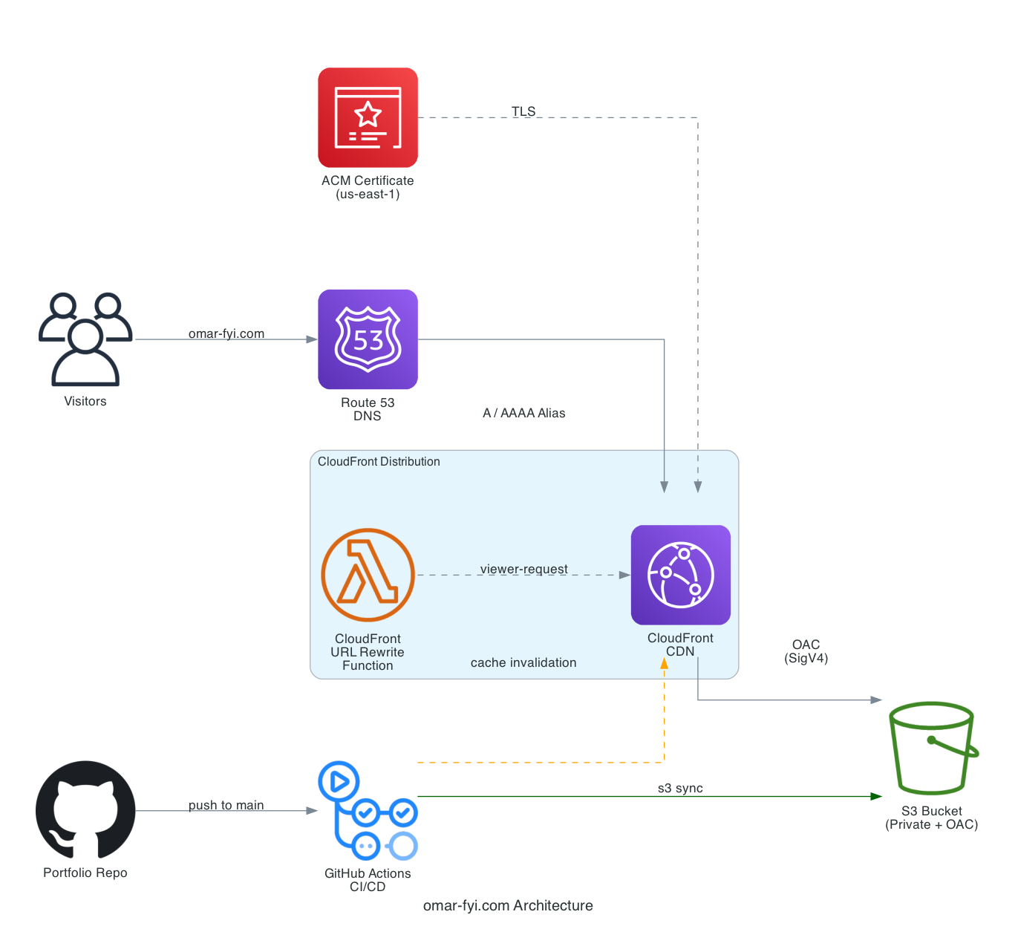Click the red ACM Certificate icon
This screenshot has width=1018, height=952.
pyautogui.click(x=368, y=117)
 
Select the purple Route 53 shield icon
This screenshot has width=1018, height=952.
pyautogui.click(x=368, y=339)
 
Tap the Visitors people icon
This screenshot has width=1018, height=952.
pyautogui.click(x=85, y=339)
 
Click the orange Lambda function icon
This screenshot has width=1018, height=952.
pyautogui.click(x=368, y=575)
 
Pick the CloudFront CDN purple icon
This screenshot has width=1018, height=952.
pyautogui.click(x=680, y=575)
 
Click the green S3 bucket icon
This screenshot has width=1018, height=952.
pyautogui.click(x=933, y=748)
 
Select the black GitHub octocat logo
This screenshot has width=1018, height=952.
pyautogui.click(x=85, y=810)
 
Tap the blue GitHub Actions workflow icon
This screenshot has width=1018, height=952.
pyautogui.click(x=368, y=810)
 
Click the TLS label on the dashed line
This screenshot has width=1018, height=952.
pyautogui.click(x=523, y=111)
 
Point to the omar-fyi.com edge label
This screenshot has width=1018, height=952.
pyautogui.click(x=226, y=333)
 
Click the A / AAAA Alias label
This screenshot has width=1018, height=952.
pyautogui.click(x=523, y=413)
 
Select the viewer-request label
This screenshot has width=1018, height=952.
pyautogui.click(x=523, y=569)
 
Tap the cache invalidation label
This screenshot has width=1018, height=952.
pyautogui.click(x=523, y=662)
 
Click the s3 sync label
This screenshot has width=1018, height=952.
pyautogui.click(x=680, y=788)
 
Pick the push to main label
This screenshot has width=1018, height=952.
pyautogui.click(x=226, y=805)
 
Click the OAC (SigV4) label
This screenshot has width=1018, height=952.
pyautogui.click(x=806, y=651)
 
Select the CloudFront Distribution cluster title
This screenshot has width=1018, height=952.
pyautogui.click(x=379, y=461)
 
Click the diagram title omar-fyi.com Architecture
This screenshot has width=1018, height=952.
pyautogui.click(x=508, y=905)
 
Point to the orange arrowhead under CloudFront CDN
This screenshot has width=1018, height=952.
pyautogui.click(x=664, y=663)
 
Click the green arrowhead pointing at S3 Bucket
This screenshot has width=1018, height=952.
pyautogui.click(x=876, y=796)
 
